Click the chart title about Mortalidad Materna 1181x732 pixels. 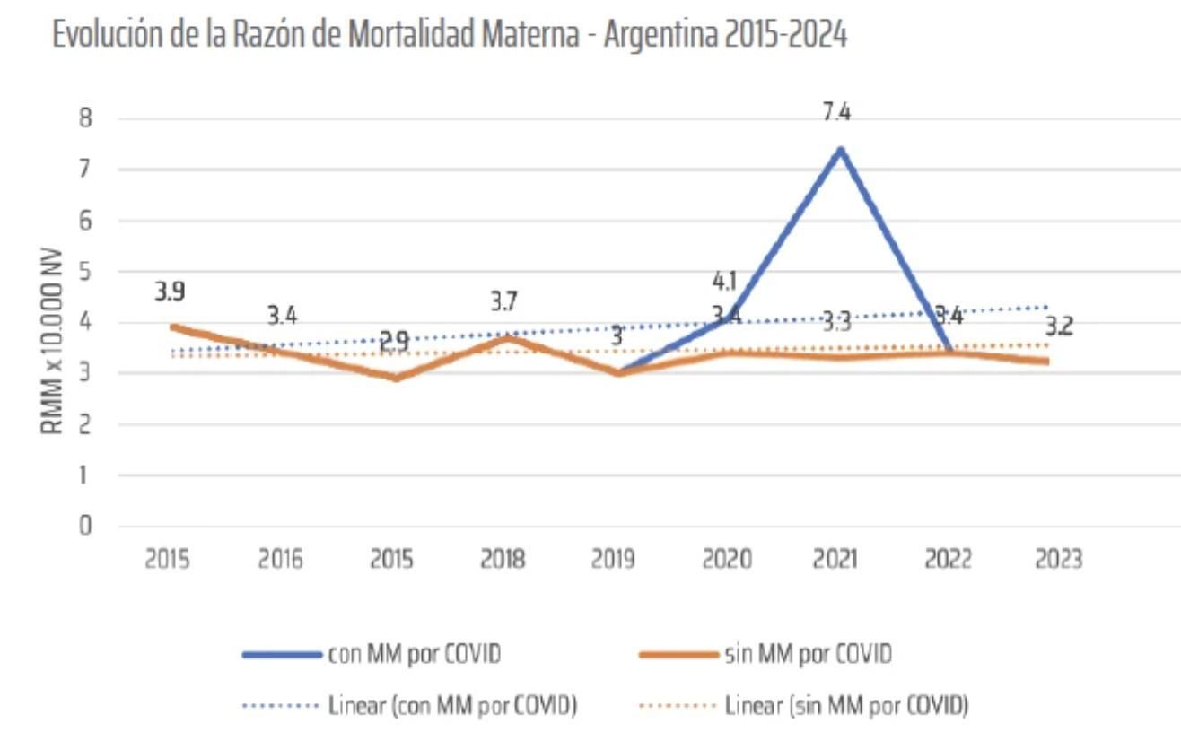tap(450, 35)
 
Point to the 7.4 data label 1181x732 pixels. tap(840, 112)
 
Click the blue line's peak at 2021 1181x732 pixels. tap(840, 149)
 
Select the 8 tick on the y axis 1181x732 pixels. tap(86, 118)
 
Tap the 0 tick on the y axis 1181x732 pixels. tap(86, 526)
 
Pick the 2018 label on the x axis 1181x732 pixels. tap(503, 560)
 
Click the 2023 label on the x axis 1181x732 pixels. tap(1058, 560)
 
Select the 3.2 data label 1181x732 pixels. tap(1058, 327)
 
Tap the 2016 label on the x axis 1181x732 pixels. tap(281, 560)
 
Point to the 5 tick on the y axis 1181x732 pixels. tap(86, 271)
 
